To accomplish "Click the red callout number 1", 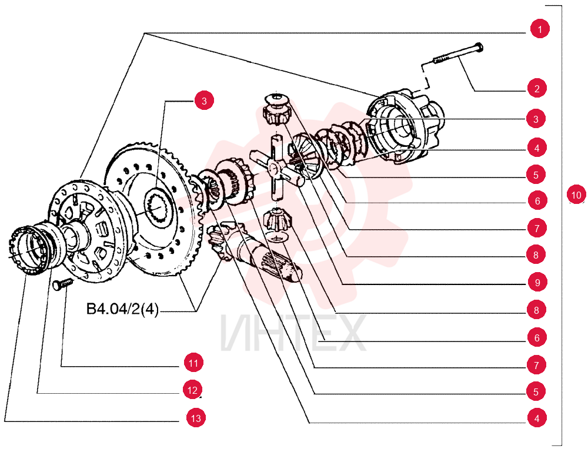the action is coord(540,29).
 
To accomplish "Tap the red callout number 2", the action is coord(537,88).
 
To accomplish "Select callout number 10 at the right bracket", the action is coord(576,195).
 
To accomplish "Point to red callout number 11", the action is coord(193,363).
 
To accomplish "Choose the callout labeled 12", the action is coord(192,390).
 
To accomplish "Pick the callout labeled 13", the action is coord(196,418).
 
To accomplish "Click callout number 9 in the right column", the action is coord(537,282).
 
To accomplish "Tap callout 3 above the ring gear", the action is coord(204,100).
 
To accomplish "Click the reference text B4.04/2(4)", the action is coord(123,309).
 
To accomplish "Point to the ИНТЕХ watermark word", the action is coord(293,333).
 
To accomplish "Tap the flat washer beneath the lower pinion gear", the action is coord(278,237).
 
